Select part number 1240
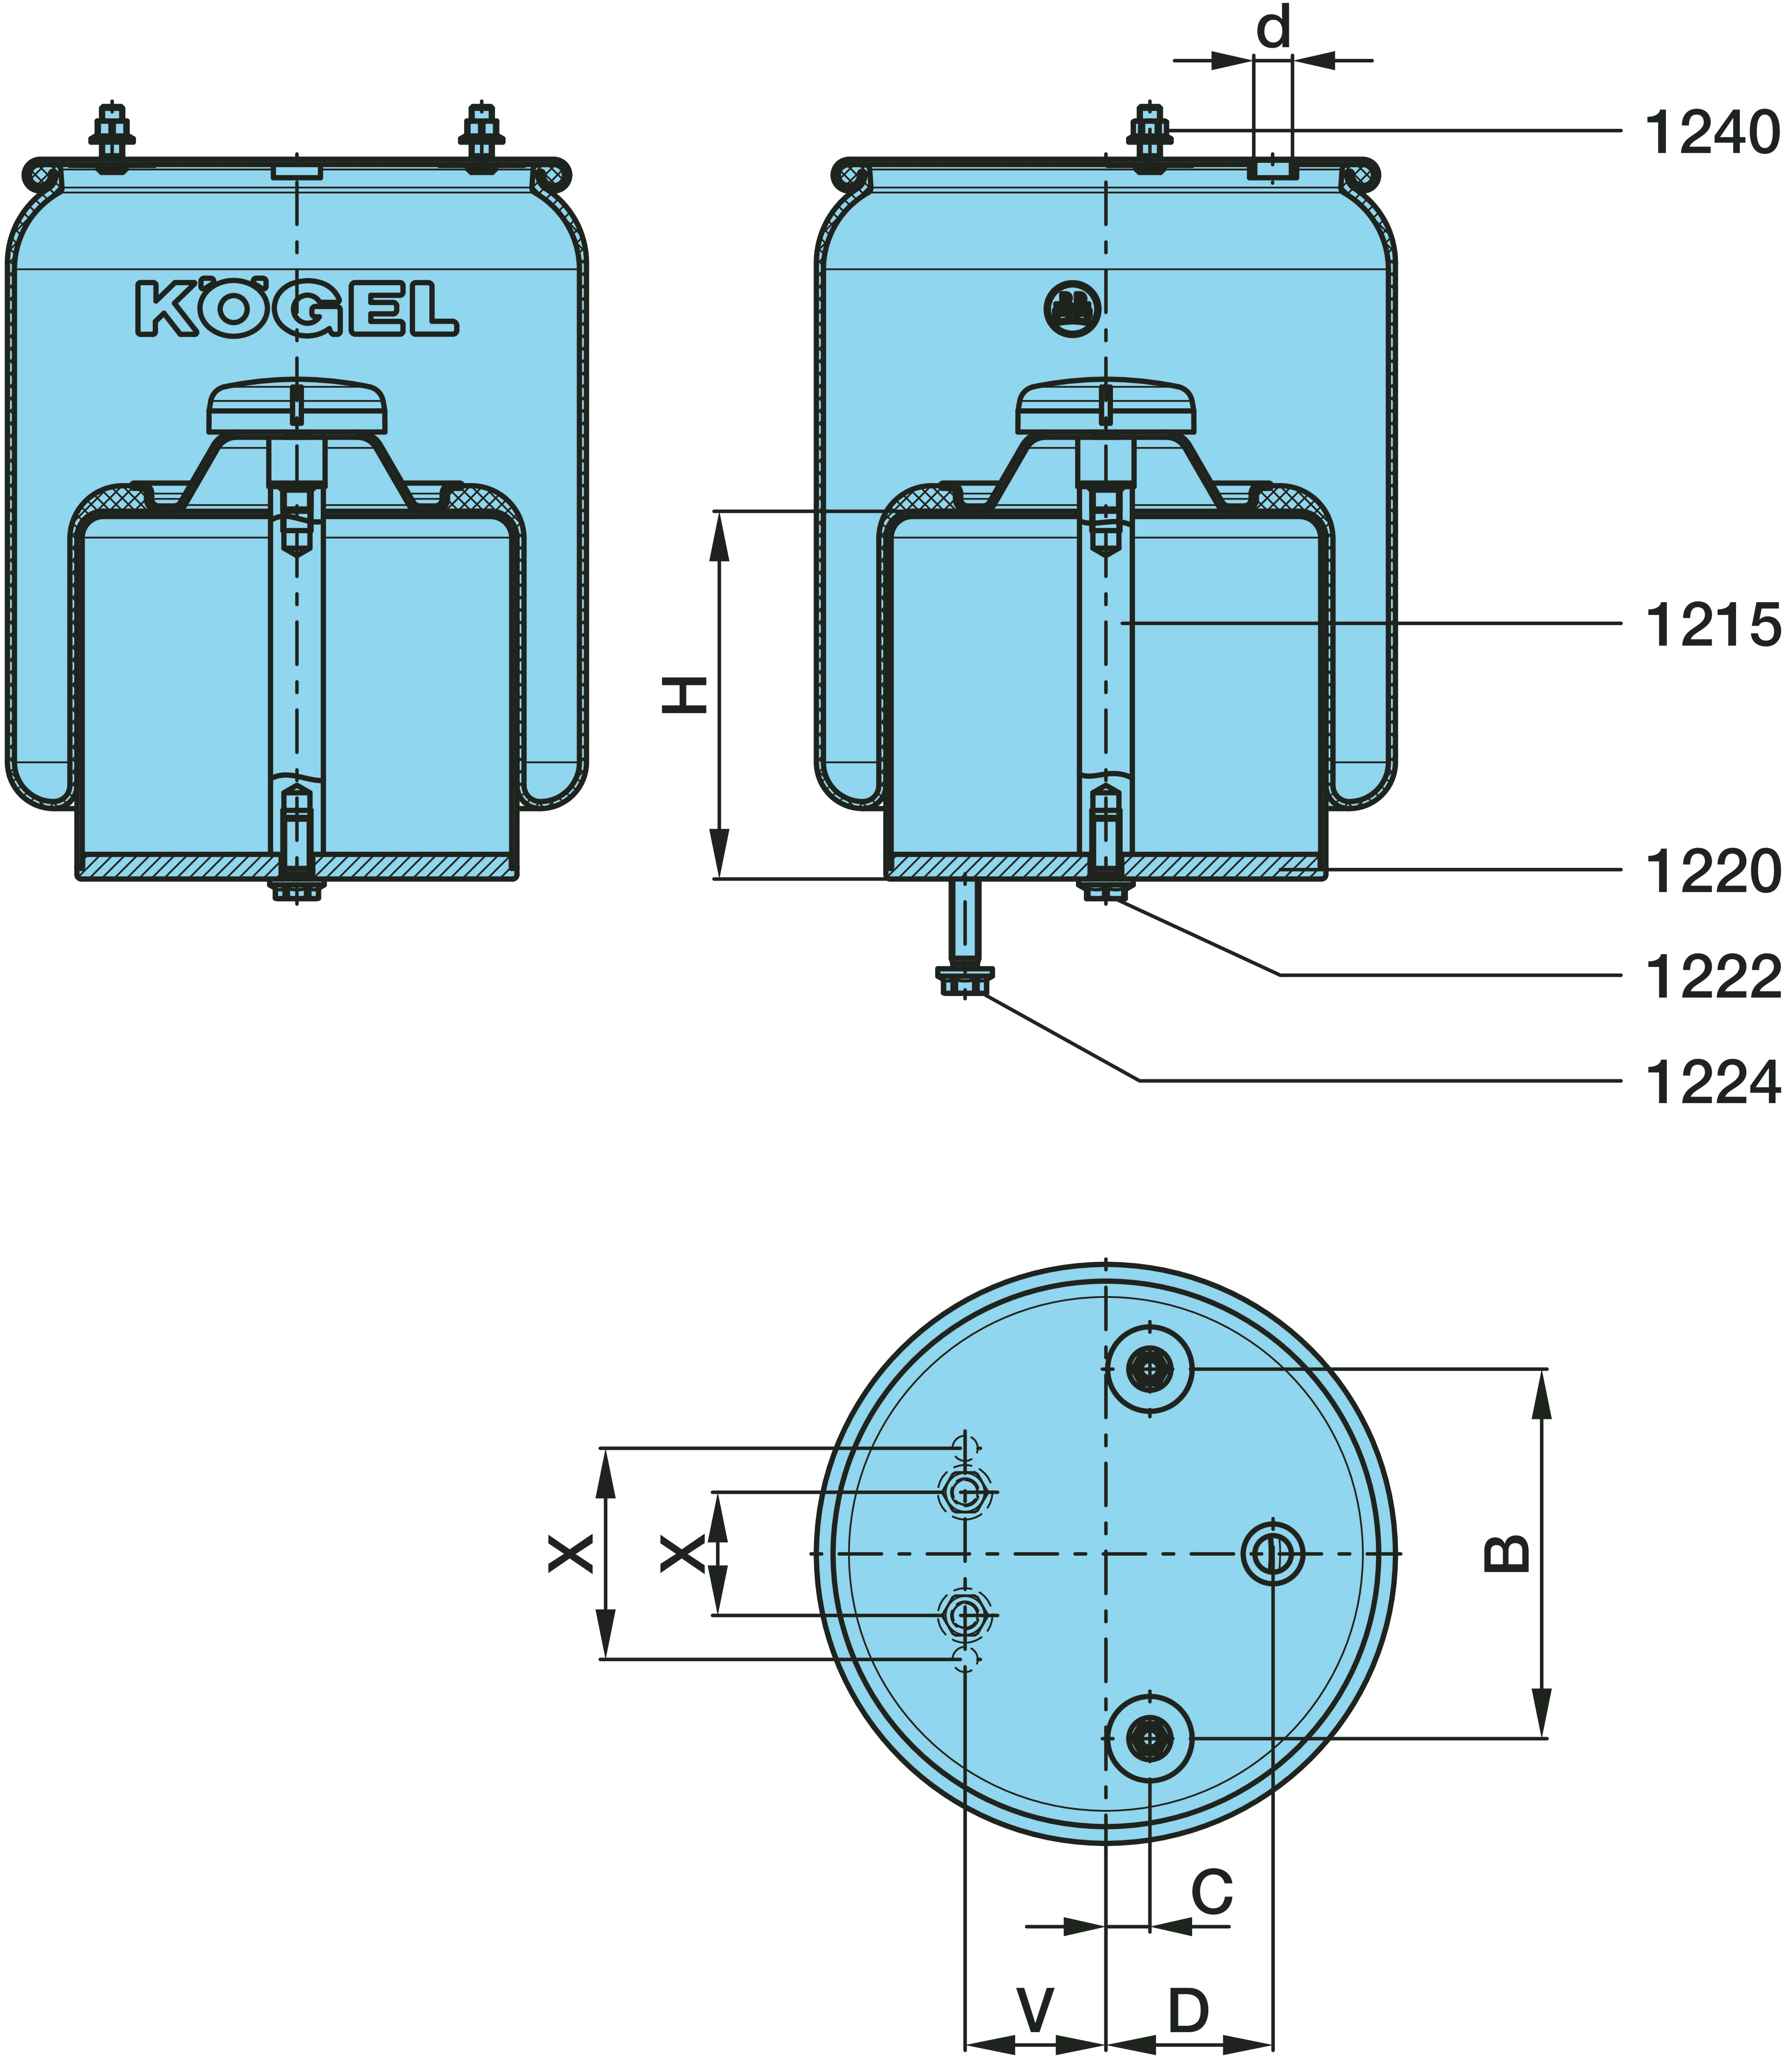click(1711, 132)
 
